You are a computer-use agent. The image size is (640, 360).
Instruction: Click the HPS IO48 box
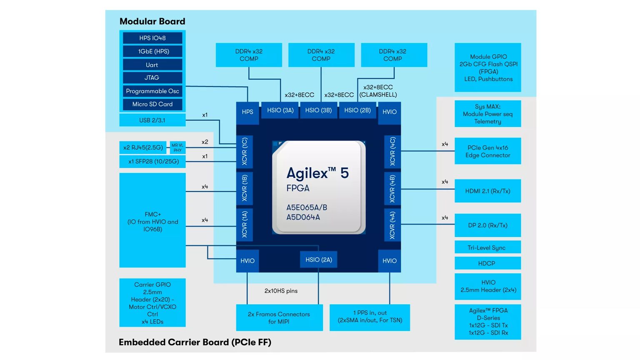tap(152, 38)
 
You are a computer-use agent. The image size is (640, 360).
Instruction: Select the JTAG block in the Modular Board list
tap(152, 77)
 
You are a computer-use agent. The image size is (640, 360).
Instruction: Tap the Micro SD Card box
tap(152, 104)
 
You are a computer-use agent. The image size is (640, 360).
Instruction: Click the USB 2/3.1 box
tap(152, 120)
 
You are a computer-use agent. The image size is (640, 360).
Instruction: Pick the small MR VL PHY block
tap(177, 147)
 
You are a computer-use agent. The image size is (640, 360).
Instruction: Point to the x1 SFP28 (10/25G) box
tap(152, 161)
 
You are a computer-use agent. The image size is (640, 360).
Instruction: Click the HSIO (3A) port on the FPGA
tap(280, 110)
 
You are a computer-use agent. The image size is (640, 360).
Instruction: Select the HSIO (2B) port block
tap(357, 110)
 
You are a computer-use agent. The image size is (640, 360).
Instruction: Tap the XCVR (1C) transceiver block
tap(245, 152)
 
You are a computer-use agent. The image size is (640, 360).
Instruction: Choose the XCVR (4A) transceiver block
tap(392, 225)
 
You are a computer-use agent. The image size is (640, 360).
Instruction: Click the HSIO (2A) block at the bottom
tap(319, 260)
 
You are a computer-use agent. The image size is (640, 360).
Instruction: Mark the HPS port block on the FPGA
tap(247, 112)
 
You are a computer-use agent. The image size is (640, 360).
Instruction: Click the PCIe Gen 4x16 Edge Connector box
tap(487, 151)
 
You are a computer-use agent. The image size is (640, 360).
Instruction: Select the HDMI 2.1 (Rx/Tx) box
tap(487, 191)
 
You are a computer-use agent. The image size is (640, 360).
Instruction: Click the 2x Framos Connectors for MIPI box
tap(279, 317)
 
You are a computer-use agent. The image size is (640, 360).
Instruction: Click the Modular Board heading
tap(152, 21)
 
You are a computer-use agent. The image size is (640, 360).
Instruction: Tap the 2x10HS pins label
tap(281, 291)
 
